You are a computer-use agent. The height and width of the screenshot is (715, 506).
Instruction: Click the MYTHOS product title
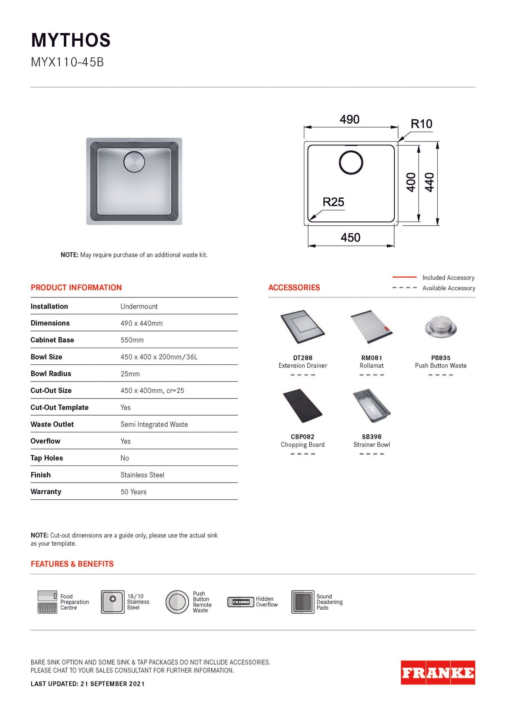[x=71, y=40]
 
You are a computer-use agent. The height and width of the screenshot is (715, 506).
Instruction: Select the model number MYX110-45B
[x=67, y=62]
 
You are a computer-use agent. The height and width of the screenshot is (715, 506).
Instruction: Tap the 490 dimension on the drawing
[x=349, y=120]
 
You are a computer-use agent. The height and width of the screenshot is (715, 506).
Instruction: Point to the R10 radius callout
[x=421, y=124]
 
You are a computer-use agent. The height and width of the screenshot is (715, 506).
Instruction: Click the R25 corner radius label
[x=333, y=202]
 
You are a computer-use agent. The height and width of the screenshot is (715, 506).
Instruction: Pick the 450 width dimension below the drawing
[x=351, y=238]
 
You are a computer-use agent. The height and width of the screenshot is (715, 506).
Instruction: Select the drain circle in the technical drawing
[x=351, y=162]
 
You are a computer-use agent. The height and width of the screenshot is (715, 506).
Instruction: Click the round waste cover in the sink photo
[x=134, y=162]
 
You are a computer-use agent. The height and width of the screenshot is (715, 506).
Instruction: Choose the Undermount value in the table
[x=139, y=306]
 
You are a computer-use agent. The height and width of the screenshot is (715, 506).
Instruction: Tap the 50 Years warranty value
[x=133, y=492]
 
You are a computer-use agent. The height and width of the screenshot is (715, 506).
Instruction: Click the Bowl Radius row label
[x=51, y=374]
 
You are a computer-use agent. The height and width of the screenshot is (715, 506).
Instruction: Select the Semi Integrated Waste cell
[x=154, y=424]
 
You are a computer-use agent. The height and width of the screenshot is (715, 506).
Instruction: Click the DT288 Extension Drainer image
[x=303, y=327]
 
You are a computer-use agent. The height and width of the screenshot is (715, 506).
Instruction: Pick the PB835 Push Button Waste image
[x=441, y=327]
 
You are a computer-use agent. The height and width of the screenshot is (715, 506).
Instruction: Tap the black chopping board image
[x=303, y=406]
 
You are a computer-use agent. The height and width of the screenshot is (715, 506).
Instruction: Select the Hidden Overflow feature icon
[x=240, y=602]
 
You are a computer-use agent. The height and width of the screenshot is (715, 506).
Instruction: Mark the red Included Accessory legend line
[x=404, y=277]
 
